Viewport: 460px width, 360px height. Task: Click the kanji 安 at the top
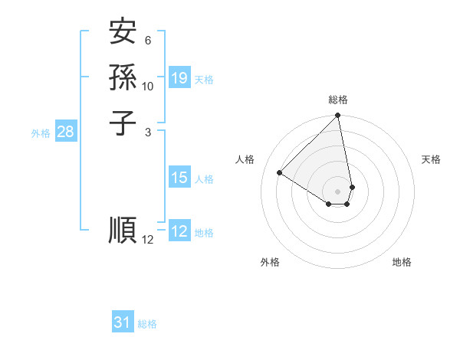(123, 32)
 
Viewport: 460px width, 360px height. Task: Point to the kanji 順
(123, 231)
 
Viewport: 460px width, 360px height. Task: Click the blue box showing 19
(179, 78)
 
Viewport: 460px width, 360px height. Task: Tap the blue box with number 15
(179, 178)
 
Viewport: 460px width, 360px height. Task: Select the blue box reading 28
(65, 132)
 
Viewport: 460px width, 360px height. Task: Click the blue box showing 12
(179, 231)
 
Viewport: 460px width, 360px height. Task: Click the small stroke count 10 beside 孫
(148, 86)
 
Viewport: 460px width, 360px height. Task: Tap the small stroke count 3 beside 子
(148, 132)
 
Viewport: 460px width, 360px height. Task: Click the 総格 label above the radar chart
(338, 100)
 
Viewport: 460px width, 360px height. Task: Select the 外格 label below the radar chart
(270, 262)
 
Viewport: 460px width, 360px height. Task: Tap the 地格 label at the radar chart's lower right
(402, 262)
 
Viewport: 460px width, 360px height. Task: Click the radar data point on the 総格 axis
(338, 116)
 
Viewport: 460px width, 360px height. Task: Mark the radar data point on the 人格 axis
(280, 173)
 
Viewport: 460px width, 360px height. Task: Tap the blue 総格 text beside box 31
(147, 324)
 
